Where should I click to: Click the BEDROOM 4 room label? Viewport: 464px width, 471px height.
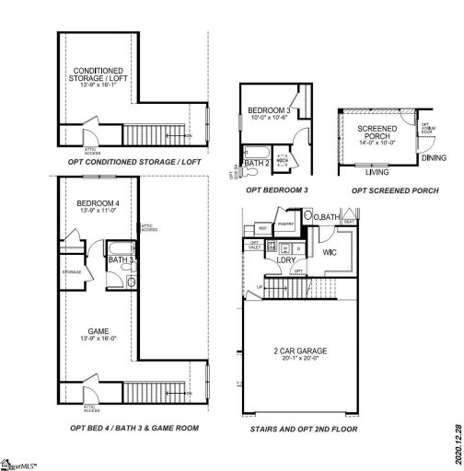point(97,202)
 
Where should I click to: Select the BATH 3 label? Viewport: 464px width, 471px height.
point(120,260)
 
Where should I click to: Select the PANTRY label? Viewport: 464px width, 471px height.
point(286,223)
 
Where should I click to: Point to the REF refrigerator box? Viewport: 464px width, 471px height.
point(262,226)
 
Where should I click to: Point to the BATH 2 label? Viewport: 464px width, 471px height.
point(257,163)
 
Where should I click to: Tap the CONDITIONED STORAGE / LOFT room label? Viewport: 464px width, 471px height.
point(92,75)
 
